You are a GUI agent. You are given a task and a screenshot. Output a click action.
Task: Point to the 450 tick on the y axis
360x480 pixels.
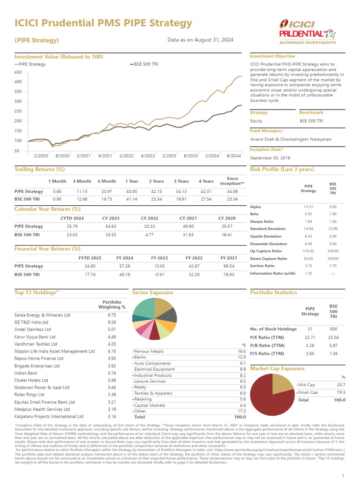(18, 72)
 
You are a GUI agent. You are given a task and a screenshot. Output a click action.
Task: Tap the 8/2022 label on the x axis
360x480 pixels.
(148, 155)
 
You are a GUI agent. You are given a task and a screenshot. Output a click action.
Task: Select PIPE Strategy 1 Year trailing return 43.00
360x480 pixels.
(131, 191)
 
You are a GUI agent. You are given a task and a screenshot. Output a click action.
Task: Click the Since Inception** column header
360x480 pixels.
(232, 181)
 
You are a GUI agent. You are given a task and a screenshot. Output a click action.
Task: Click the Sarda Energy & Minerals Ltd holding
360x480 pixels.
(43, 315)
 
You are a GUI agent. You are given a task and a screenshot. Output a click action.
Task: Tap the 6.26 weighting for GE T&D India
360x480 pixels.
(112, 322)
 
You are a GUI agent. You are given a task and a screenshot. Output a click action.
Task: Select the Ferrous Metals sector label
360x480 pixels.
(149, 351)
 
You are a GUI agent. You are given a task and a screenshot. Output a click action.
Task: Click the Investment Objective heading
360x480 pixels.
(272, 56)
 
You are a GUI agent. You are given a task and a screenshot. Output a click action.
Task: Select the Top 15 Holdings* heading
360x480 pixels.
(37, 292)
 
